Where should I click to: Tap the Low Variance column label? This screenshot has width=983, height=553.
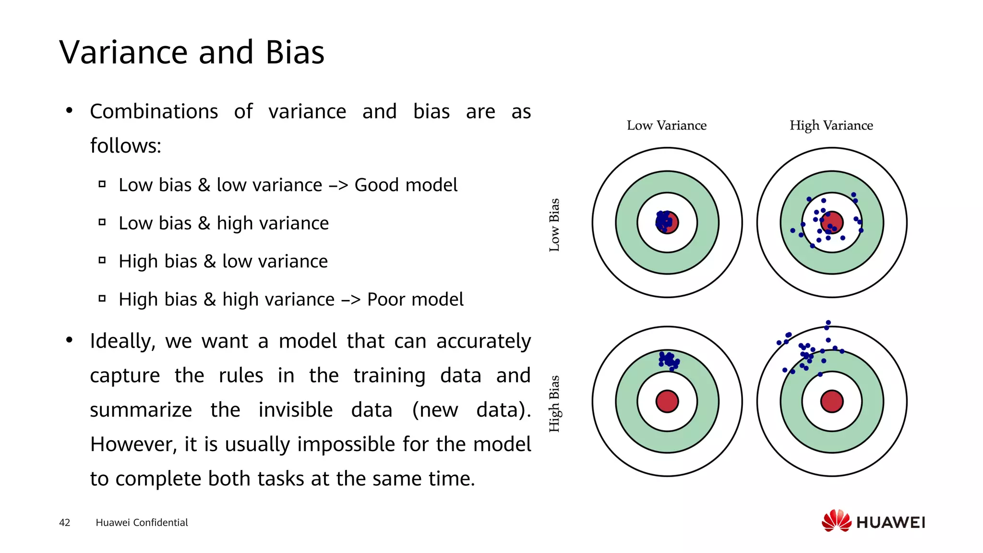[x=666, y=126]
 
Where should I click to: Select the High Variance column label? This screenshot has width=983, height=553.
[x=831, y=126]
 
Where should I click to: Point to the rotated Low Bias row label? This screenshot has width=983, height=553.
[x=554, y=225]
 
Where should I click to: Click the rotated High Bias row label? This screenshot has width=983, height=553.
[x=554, y=403]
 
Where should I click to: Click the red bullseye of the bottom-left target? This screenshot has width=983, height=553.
[x=667, y=401]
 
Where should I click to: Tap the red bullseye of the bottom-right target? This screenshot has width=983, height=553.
[x=832, y=401]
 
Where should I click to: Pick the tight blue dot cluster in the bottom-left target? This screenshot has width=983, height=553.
[x=669, y=360]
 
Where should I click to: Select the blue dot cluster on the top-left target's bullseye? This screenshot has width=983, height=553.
[x=664, y=221]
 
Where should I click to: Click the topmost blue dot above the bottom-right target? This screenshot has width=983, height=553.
[x=828, y=323]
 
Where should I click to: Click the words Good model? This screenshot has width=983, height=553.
[x=406, y=185]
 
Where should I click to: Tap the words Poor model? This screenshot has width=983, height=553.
[x=415, y=300]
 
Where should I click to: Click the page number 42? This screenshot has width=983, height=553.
[x=64, y=522]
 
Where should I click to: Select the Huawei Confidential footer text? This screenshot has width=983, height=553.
[x=142, y=522]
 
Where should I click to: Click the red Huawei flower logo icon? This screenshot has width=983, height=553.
[x=836, y=521]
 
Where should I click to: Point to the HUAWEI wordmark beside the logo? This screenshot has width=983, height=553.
[x=890, y=522]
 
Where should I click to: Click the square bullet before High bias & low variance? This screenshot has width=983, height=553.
[x=102, y=260]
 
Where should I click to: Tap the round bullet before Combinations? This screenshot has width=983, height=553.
[x=69, y=110]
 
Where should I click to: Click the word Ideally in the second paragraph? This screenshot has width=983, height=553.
[x=122, y=341]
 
